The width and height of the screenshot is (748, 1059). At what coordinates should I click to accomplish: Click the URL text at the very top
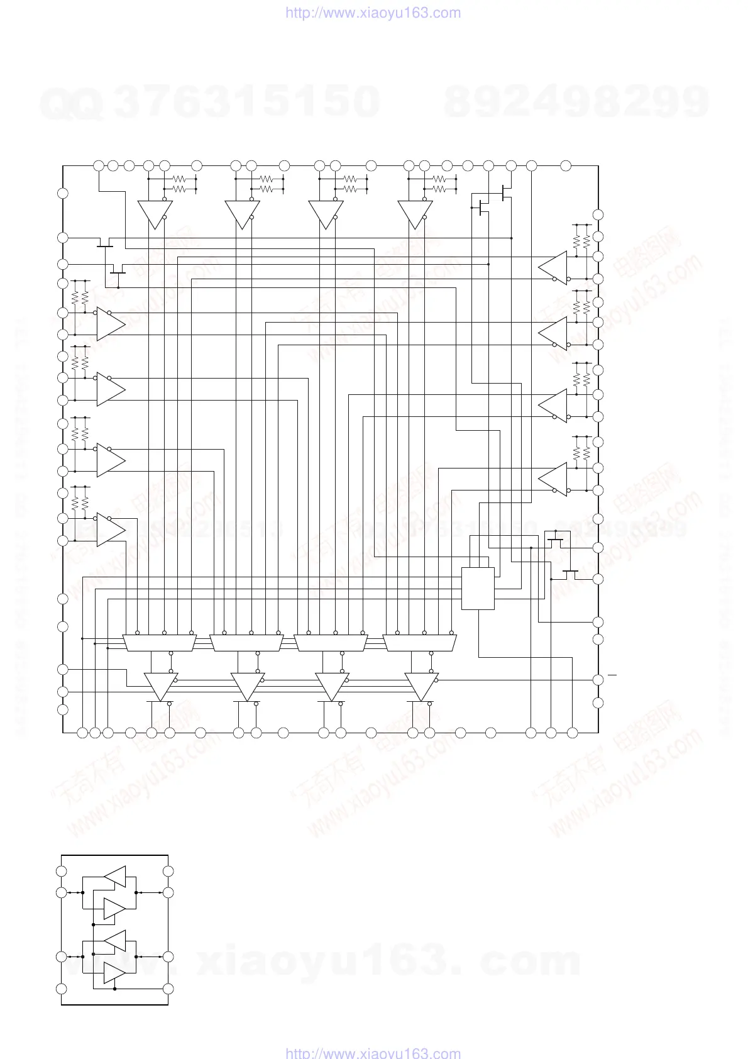373,13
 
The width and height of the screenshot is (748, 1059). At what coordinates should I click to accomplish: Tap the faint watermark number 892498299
576,102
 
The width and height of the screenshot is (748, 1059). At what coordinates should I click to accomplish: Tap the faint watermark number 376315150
248,102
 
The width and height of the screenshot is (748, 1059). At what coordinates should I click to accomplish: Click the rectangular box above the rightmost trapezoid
478,589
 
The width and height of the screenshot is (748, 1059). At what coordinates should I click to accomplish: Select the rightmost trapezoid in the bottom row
421,643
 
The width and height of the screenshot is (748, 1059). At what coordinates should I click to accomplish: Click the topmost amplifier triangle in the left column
109,323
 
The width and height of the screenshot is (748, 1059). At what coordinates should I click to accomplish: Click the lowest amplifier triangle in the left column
109,528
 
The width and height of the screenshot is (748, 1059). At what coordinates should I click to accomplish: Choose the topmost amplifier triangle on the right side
554,267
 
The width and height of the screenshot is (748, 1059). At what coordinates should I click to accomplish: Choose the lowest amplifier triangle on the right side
554,478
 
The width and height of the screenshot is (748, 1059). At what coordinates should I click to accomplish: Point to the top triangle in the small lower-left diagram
116,876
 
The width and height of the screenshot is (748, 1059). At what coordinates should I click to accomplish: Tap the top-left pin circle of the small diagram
62,871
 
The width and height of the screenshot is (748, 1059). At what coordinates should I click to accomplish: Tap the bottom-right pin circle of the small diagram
168,989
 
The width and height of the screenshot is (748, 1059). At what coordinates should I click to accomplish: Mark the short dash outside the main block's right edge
612,675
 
